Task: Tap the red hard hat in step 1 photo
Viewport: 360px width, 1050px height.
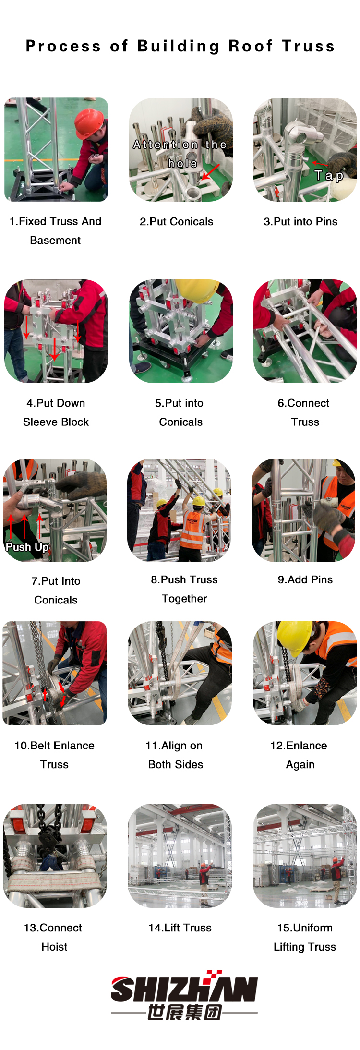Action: pyautogui.click(x=89, y=122)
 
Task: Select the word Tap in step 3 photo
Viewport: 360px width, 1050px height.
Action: pyautogui.click(x=329, y=176)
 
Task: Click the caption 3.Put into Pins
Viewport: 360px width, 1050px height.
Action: pyautogui.click(x=300, y=221)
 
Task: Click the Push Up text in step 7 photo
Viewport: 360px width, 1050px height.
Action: pyautogui.click(x=27, y=547)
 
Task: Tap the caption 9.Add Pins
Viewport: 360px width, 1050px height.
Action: pyautogui.click(x=305, y=579)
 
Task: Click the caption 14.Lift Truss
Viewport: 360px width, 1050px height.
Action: pyautogui.click(x=180, y=928)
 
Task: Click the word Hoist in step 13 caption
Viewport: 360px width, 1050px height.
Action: pyautogui.click(x=54, y=946)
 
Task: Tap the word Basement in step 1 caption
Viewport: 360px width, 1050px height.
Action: pyautogui.click(x=55, y=240)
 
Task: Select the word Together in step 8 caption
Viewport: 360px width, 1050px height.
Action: pyautogui.click(x=184, y=599)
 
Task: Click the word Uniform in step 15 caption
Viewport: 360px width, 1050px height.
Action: pyautogui.click(x=312, y=928)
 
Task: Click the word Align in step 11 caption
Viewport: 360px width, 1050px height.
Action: pyautogui.click(x=174, y=746)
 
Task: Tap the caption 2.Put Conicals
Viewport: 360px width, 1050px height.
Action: pyautogui.click(x=176, y=221)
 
